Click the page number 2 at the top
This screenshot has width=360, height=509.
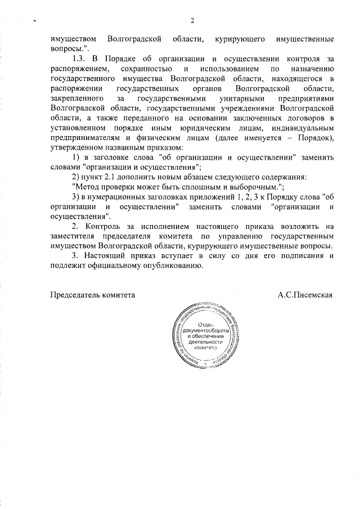click(x=192, y=21)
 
